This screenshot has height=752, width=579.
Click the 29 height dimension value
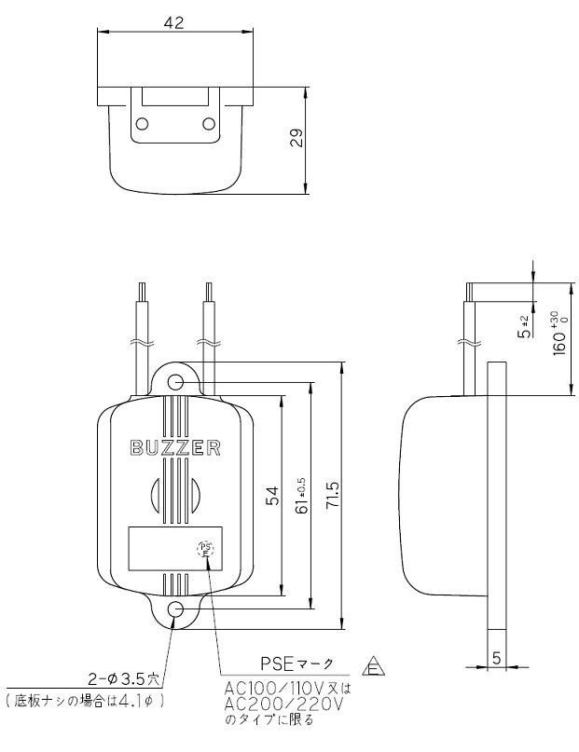pyautogui.click(x=296, y=141)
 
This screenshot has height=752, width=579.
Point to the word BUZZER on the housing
pyautogui.click(x=174, y=448)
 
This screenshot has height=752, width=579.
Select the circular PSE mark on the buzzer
pyautogui.click(x=206, y=549)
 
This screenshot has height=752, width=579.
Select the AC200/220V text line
pyautogui.click(x=283, y=704)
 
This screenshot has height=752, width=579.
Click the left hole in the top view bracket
pyautogui.click(x=143, y=124)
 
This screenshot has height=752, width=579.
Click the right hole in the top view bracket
pyautogui.click(x=208, y=124)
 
